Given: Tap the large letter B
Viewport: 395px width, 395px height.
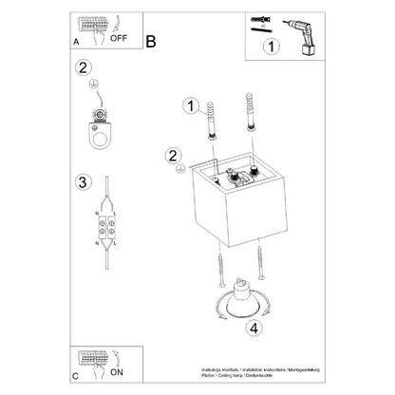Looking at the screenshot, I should point(150,41).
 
